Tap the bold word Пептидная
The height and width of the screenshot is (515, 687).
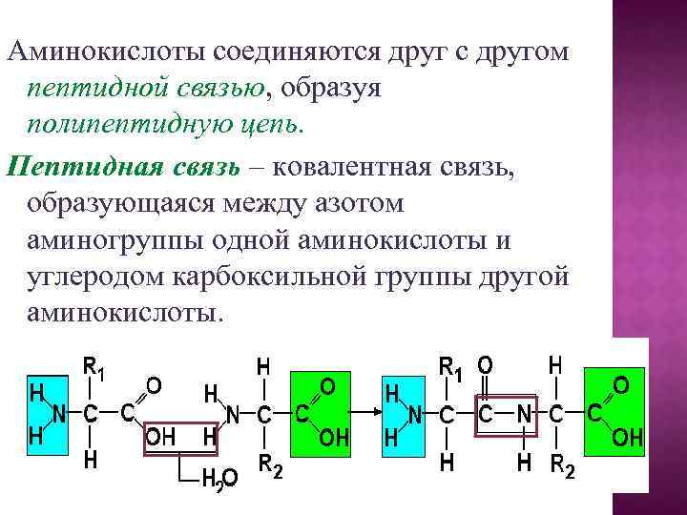pyautogui.click(x=72, y=168)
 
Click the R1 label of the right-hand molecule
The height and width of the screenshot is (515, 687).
pyautogui.click(x=450, y=366)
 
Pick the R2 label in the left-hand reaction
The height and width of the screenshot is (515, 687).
pyautogui.click(x=271, y=466)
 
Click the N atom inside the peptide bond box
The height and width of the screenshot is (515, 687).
pyautogui.click(x=523, y=414)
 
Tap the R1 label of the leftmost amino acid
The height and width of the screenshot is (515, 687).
pyautogui.click(x=93, y=366)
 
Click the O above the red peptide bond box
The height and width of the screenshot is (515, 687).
pyautogui.click(x=485, y=364)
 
